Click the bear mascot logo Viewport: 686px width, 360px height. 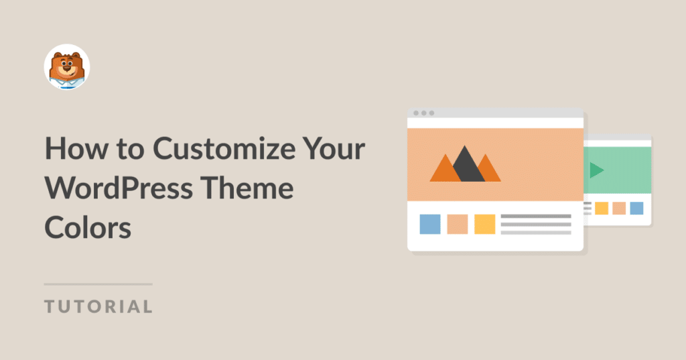(x=67, y=67)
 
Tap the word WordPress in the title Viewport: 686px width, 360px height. (x=119, y=188)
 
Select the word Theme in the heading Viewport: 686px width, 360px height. (x=247, y=188)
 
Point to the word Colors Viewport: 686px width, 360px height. (x=88, y=227)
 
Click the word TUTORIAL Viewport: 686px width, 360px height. (x=98, y=306)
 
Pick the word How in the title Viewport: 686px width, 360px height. (x=76, y=148)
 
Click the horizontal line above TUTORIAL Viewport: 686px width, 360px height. (x=98, y=284)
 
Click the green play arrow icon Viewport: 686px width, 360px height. (x=596, y=170)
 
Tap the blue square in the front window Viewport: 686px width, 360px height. (x=430, y=224)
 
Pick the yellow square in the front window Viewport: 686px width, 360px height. (x=485, y=224)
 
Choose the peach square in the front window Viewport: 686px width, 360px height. (x=458, y=224)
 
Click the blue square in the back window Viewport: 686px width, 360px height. (x=636, y=208)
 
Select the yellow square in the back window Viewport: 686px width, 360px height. (x=602, y=208)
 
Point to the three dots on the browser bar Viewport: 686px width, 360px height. (x=423, y=113)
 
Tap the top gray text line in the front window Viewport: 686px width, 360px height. (x=536, y=216)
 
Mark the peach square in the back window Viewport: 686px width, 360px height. (x=619, y=208)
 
